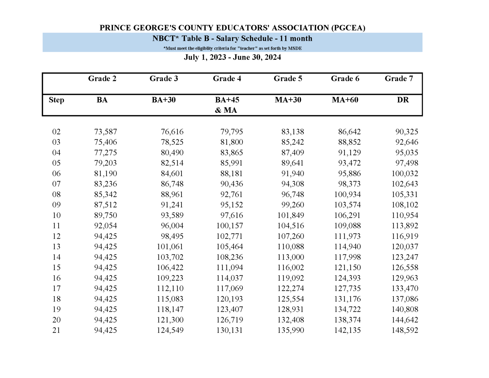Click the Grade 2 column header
pyautogui.click(x=102, y=79)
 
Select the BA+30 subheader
pyautogui.click(x=164, y=100)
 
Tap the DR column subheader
pyautogui.click(x=403, y=100)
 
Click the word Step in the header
pyautogui.click(x=56, y=100)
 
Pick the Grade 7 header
pyautogui.click(x=399, y=79)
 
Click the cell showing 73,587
pyautogui.click(x=105, y=132)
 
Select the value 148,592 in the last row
pyautogui.click(x=405, y=330)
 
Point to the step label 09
pyautogui.click(x=56, y=205)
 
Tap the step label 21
pyautogui.click(x=56, y=330)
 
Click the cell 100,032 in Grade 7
pyautogui.click(x=405, y=174)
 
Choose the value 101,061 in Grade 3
pyautogui.click(x=170, y=246)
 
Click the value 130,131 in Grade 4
pyautogui.click(x=230, y=330)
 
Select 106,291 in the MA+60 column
pyautogui.click(x=347, y=215)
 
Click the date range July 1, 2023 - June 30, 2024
pyautogui.click(x=232, y=57)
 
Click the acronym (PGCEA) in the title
pyautogui.click(x=348, y=28)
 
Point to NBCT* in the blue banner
pyautogui.click(x=166, y=39)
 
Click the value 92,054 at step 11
pyautogui.click(x=105, y=226)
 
